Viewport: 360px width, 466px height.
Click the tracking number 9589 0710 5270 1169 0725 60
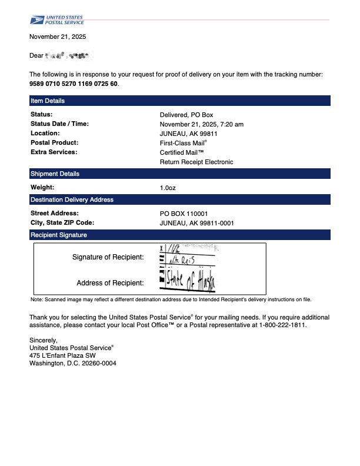74,84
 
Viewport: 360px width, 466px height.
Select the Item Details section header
48,101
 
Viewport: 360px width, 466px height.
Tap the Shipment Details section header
55,174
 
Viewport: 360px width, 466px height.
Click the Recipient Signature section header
58,235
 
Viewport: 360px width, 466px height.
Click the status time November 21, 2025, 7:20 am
201,124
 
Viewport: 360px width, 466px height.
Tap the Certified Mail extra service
182,152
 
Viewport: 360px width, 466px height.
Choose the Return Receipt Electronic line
196,162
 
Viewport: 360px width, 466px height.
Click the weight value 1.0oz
168,188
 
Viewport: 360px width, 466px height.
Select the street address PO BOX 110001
184,214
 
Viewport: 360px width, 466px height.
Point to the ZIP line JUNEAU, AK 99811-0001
196,223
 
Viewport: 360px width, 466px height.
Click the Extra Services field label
54,152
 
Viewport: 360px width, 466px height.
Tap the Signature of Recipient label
108,257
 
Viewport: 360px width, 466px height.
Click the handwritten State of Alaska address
190,282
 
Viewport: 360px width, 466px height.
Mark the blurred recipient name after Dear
69,56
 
